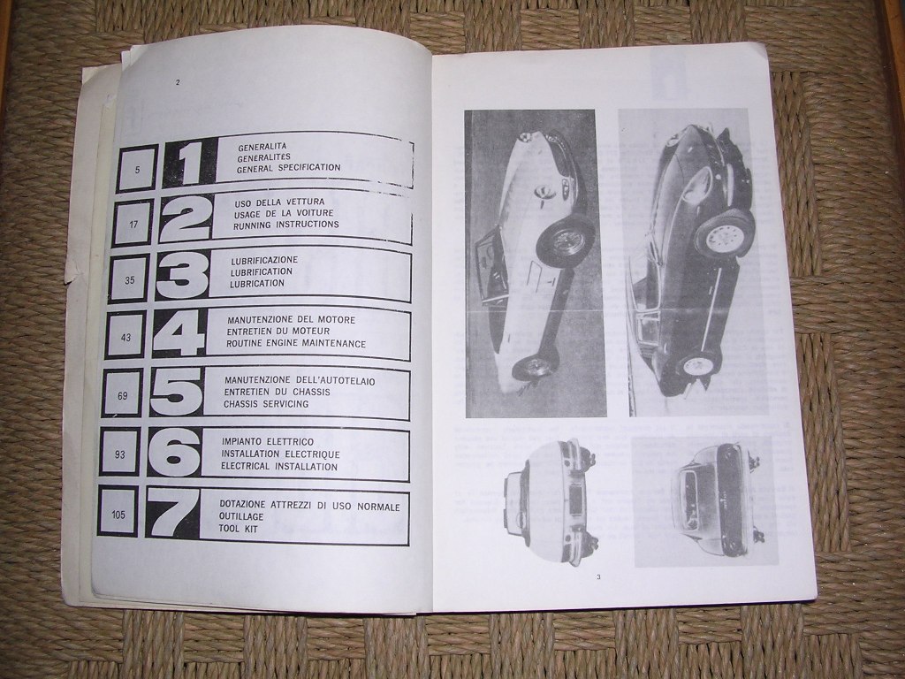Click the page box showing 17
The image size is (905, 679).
[134, 223]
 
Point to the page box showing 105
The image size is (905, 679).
[118, 514]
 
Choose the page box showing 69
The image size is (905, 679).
[122, 395]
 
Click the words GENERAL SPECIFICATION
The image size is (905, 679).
[289, 167]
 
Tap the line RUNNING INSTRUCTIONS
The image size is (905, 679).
[285, 225]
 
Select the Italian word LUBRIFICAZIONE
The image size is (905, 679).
[264, 260]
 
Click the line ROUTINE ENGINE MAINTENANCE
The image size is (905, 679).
[296, 344]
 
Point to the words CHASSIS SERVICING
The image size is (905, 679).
[266, 403]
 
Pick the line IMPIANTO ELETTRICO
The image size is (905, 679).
[268, 442]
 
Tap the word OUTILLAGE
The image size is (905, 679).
[241, 516]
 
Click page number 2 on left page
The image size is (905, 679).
[178, 82]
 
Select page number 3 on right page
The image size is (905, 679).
[598, 576]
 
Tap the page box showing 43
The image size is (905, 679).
[125, 337]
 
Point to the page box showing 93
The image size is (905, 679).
[120, 454]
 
